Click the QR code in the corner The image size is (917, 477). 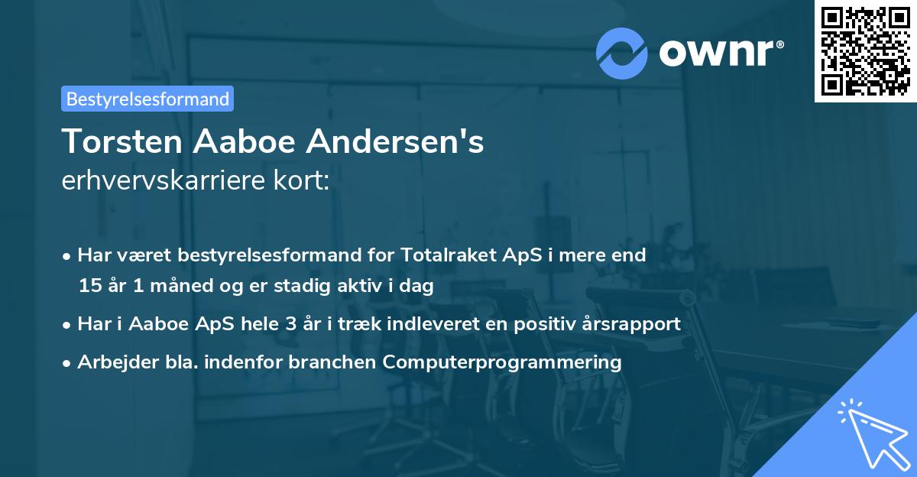(x=866, y=50)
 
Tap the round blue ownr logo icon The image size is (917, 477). (x=622, y=53)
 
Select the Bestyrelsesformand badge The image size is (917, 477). (x=147, y=99)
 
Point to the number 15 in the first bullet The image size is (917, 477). (x=89, y=287)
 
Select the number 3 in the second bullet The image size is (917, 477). (x=290, y=324)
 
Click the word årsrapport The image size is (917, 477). (x=633, y=324)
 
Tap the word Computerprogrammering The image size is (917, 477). (x=503, y=362)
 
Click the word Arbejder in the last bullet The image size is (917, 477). (x=112, y=362)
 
